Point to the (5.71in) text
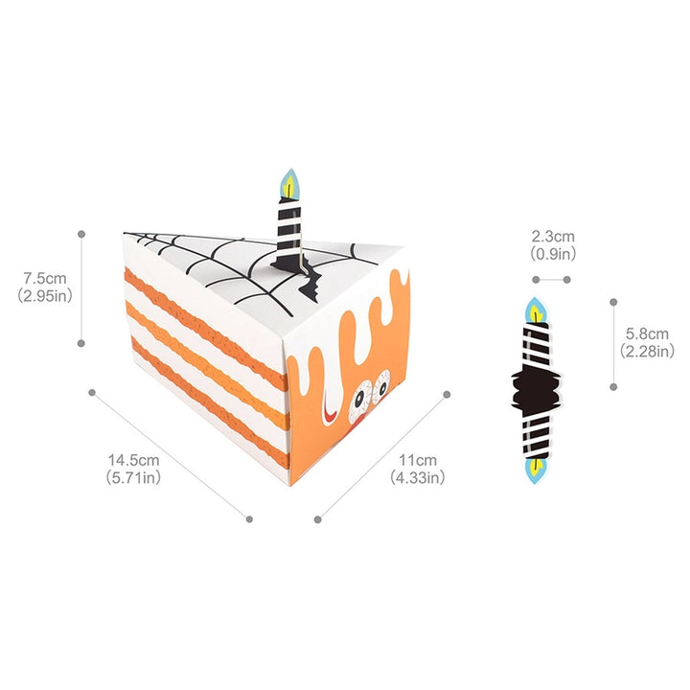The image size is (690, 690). [133, 477]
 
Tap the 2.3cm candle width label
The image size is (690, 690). [553, 236]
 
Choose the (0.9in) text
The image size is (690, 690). [553, 253]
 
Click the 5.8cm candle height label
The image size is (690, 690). [648, 334]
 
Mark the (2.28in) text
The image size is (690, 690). [648, 352]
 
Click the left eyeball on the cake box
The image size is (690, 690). [362, 394]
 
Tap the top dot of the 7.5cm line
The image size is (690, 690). [81, 233]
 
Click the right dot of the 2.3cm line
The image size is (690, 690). [567, 280]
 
